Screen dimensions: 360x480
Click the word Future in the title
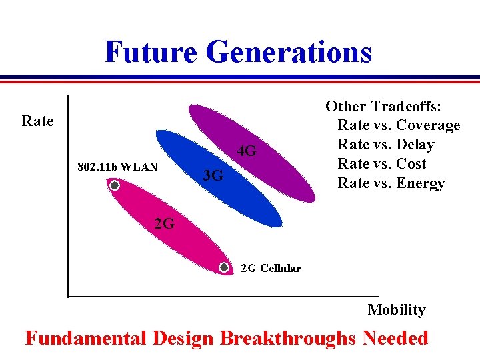[x=151, y=52]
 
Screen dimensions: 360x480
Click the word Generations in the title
[x=289, y=52]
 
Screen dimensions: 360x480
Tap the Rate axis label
[x=37, y=121]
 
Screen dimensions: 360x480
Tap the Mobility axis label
[x=396, y=309]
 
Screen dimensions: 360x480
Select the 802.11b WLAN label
[x=117, y=167]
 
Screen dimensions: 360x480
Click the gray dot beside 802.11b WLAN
[x=115, y=186]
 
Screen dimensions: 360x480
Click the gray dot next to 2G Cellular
[x=225, y=268]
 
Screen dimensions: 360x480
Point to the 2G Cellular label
[x=270, y=269]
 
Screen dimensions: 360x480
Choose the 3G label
[x=213, y=176]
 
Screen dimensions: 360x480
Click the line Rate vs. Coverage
[x=399, y=125]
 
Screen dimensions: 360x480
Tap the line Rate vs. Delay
[x=385, y=145]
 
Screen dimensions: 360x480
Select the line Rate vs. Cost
[x=381, y=164]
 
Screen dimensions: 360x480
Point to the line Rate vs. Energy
[x=391, y=183]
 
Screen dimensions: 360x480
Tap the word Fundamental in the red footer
[x=85, y=338]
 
